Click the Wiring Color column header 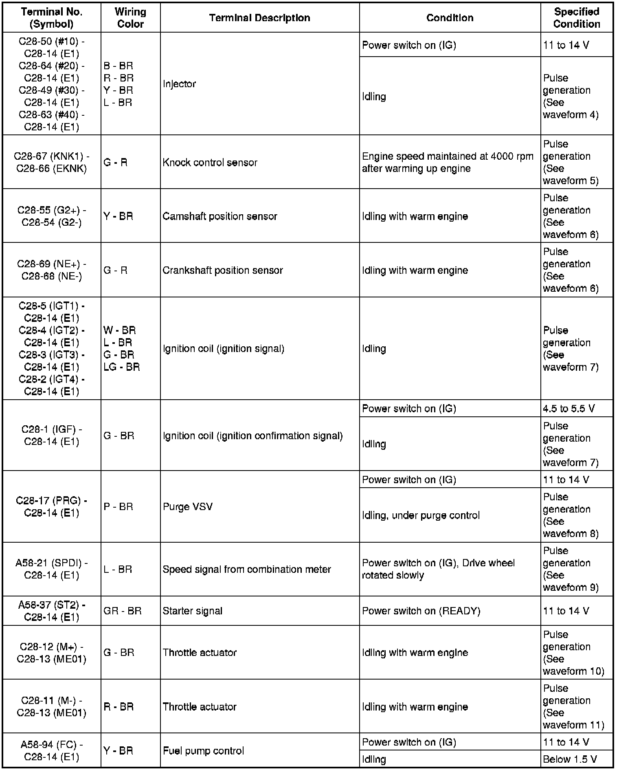[130, 18]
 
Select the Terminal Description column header [259, 18]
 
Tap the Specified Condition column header [576, 18]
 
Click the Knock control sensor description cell [210, 163]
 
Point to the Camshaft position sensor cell [220, 216]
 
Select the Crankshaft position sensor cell [222, 270]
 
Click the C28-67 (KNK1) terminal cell [52, 163]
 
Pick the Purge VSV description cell [188, 507]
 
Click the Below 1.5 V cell [570, 759]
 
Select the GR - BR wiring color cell [122, 611]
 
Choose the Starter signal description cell [192, 611]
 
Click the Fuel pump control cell [203, 751]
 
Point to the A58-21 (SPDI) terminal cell [52, 569]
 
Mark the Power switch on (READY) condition [421, 611]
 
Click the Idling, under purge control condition [421, 515]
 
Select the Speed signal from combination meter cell [246, 569]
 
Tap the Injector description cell [179, 84]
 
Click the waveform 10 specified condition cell [573, 653]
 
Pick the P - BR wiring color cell [118, 507]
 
